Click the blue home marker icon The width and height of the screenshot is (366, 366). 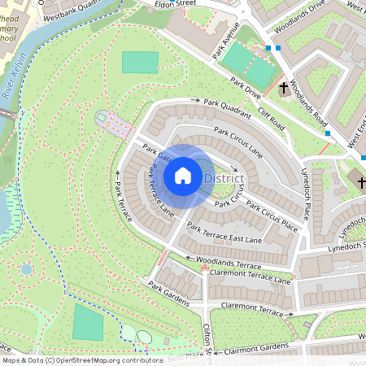183,176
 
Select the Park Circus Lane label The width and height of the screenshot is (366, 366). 238,141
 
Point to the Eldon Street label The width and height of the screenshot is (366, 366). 181,4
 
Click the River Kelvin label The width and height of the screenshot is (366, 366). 14,83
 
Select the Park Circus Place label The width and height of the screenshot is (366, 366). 272,215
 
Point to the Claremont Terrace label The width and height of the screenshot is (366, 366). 258,310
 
